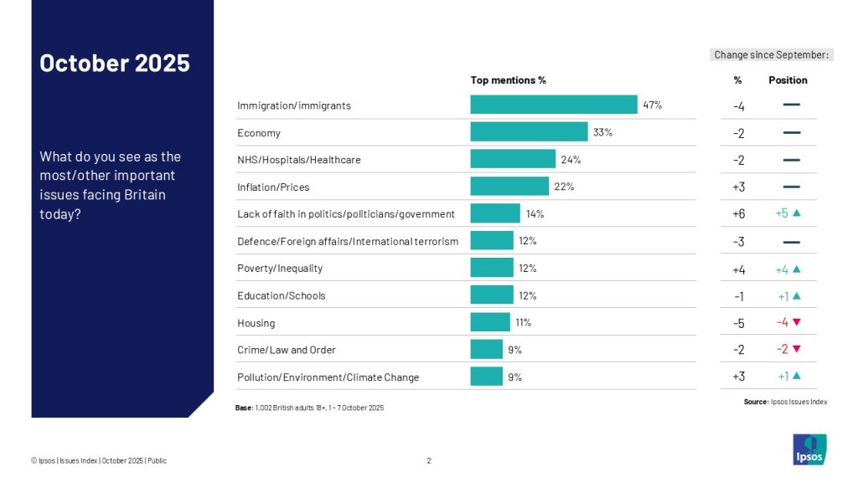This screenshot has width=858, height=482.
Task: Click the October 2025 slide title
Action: tap(115, 63)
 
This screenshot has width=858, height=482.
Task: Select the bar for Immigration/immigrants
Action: tap(553, 105)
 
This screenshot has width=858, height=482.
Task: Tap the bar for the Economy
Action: tap(528, 132)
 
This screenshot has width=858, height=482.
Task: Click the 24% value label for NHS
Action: tap(571, 160)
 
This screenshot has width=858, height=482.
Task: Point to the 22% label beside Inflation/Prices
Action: tap(564, 187)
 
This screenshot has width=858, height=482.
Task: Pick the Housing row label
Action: tap(256, 323)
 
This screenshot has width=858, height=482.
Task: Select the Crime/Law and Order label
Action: tap(286, 350)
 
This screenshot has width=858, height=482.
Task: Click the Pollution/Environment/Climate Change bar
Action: tap(486, 377)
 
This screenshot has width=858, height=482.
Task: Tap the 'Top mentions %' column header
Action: tap(508, 80)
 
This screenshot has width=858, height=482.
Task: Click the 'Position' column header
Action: tap(788, 80)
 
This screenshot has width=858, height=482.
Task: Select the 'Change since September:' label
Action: tap(771, 55)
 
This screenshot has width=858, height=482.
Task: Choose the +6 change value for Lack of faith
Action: tap(738, 214)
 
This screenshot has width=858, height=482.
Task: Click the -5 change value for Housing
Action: tap(738, 323)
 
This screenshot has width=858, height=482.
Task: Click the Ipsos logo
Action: tap(809, 449)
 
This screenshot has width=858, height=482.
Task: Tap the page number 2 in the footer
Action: tap(429, 460)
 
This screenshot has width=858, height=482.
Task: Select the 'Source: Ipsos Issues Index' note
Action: tap(785, 402)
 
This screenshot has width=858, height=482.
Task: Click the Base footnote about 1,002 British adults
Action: tap(309, 408)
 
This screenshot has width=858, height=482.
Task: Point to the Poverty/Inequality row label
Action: tap(280, 269)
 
